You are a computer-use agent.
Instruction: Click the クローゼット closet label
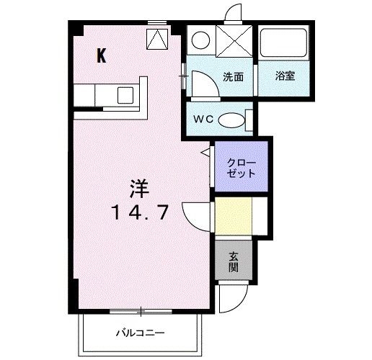point(239,168)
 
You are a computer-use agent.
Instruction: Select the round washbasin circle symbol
point(201,40)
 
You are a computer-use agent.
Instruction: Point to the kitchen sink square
point(125,94)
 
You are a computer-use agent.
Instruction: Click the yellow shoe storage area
point(233,217)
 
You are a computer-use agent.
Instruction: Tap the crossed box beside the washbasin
point(234,40)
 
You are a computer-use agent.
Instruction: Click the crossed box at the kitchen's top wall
point(156,40)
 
